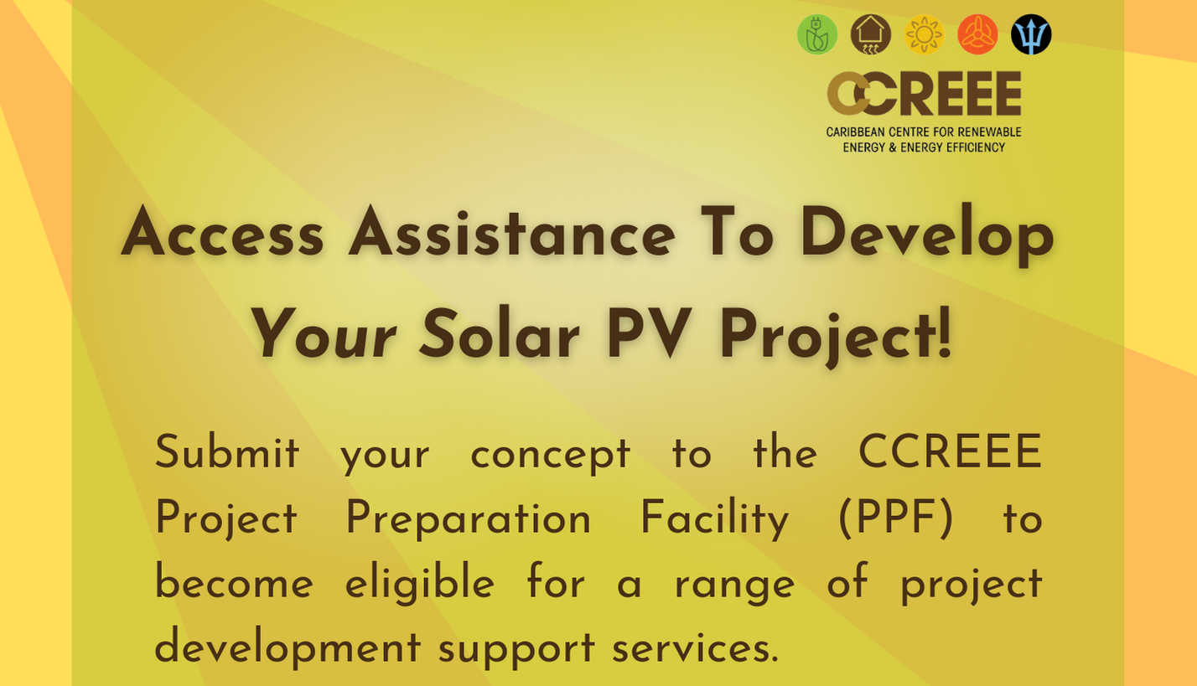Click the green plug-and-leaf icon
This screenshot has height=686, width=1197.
(817, 34)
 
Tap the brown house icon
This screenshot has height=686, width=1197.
(870, 34)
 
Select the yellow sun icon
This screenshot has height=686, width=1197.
(924, 34)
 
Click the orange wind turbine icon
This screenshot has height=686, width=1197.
(977, 34)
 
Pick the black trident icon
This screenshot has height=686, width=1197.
(1031, 34)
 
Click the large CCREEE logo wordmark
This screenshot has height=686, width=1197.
(924, 94)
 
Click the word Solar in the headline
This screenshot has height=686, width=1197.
(499, 335)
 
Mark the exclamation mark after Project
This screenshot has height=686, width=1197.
(944, 332)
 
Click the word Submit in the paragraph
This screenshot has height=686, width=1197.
(226, 451)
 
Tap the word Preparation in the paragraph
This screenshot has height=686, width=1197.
(468, 518)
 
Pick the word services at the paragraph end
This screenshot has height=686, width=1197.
(695, 647)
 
